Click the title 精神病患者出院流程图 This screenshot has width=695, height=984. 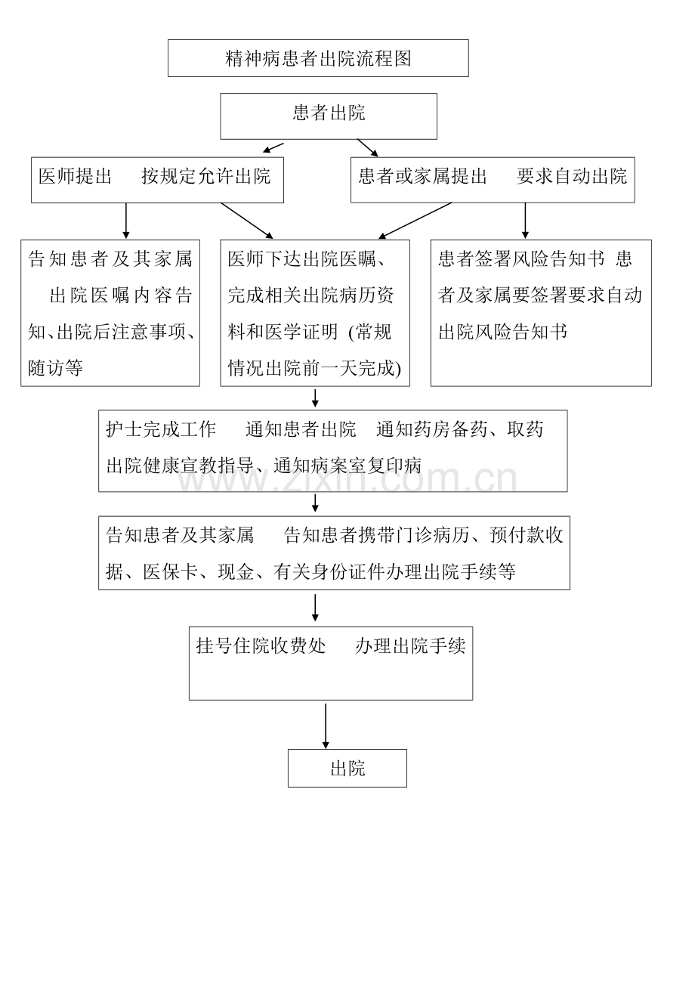coord(318,58)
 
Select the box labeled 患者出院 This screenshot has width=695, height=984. coord(329,116)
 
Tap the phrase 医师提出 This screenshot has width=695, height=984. coord(75,176)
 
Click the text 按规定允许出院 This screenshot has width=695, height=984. coord(206,176)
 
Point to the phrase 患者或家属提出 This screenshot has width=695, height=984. coord(423,176)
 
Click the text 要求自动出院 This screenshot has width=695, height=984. coord(572,176)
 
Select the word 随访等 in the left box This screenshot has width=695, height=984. coord(55,368)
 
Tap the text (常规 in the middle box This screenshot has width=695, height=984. coord(369,332)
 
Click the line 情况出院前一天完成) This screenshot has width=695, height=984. coord(314,368)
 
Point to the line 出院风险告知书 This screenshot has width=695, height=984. coord(502,332)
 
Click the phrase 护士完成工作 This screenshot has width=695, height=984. coord(161,429)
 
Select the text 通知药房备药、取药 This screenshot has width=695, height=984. coord(460,429)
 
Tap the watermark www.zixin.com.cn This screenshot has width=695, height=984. coord(347,478)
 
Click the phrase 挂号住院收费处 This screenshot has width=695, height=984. coord(261,645)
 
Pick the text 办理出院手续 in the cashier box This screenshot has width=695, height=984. coord(410,645)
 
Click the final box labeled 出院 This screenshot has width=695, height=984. coord(347,769)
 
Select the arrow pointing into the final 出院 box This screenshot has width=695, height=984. coord(326,726)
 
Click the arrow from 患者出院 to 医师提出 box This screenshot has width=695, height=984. coord(273,147)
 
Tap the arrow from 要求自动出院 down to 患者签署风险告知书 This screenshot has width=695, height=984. coord(525,221)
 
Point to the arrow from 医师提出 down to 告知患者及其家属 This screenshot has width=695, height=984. coord(126,221)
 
